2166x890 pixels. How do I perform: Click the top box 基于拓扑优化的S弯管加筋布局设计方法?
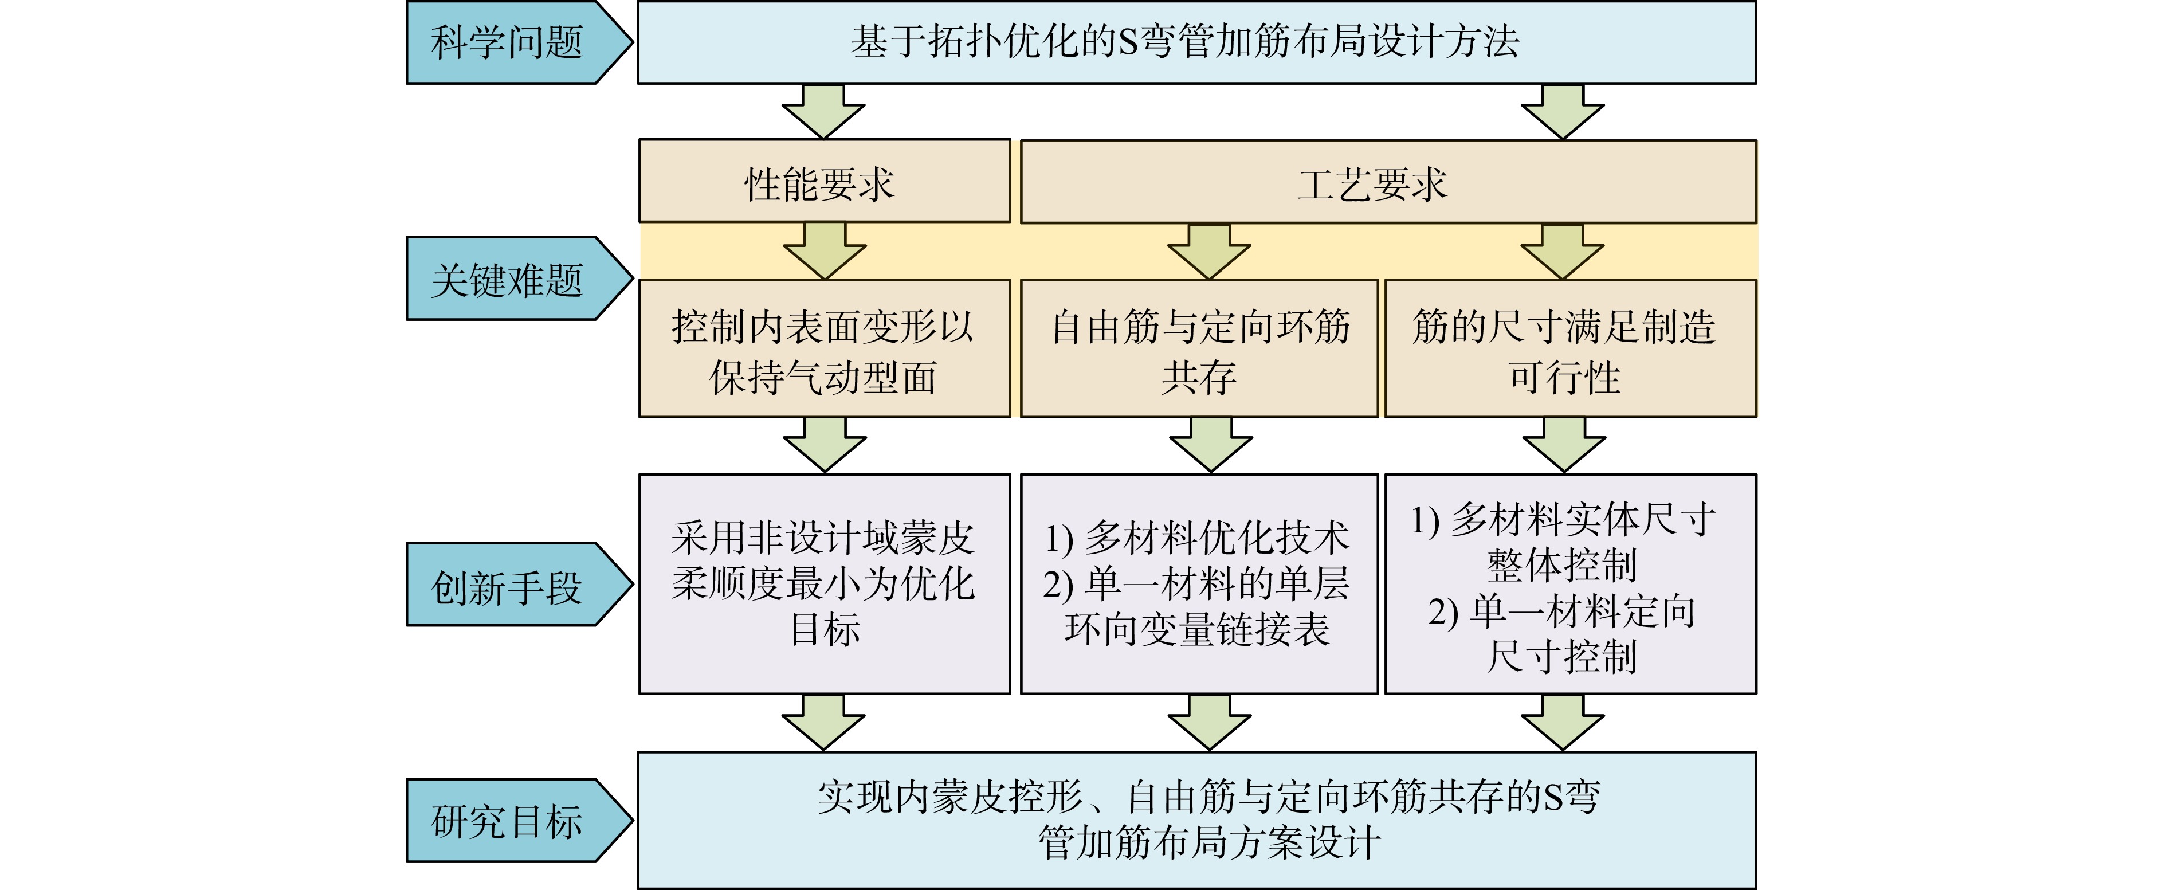pyautogui.click(x=1196, y=42)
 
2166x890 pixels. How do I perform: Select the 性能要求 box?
pyautogui.click(x=824, y=181)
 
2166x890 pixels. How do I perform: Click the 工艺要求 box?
pyautogui.click(x=1388, y=182)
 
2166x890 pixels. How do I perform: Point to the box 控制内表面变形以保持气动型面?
pyautogui.click(x=824, y=348)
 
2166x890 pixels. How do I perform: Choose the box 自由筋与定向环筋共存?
pyautogui.click(x=1199, y=348)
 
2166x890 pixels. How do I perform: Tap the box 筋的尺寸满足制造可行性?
pyautogui.click(x=1571, y=348)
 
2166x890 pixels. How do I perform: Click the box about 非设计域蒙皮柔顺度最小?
pyautogui.click(x=824, y=584)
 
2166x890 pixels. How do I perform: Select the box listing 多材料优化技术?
pyautogui.click(x=1199, y=584)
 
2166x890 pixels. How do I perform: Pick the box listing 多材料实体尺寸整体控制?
pyautogui.click(x=1571, y=584)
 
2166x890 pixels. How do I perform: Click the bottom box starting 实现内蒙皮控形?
pyautogui.click(x=1196, y=820)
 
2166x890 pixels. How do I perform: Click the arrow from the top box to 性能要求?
pyautogui.click(x=823, y=111)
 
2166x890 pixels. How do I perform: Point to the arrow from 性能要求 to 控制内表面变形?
pyautogui.click(x=824, y=250)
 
